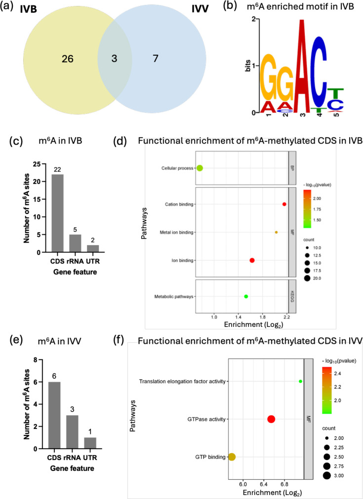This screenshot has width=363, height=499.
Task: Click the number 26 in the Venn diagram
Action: tap(68, 59)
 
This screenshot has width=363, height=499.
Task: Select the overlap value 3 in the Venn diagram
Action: tap(114, 59)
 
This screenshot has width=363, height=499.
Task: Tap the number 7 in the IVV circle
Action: tap(156, 59)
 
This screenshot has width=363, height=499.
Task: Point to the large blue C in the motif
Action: tap(320, 72)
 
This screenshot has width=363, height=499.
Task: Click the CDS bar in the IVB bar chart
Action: tap(57, 213)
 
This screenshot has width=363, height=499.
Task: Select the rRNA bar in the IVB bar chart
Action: tap(75, 244)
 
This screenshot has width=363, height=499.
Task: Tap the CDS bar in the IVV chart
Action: tap(54, 415)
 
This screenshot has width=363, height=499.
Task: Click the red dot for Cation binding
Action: tap(284, 204)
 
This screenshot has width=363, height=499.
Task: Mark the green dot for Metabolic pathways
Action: tap(246, 296)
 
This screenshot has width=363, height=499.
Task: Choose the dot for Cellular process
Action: tap(200, 168)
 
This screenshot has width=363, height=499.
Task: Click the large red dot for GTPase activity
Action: tap(271, 419)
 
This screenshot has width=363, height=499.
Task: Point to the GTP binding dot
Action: tap(232, 457)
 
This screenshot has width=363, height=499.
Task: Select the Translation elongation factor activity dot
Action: tap(301, 381)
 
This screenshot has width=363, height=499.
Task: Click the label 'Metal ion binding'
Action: tap(176, 233)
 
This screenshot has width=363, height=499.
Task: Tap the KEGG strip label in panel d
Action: tap(292, 296)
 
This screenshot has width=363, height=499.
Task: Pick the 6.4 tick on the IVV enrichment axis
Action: tap(264, 484)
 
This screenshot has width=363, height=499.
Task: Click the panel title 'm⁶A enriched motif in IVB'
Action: tap(300, 7)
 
